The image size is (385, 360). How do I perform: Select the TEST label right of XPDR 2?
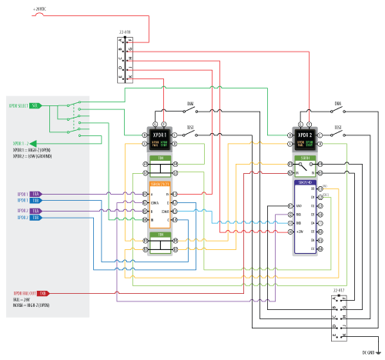tap(337, 127)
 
